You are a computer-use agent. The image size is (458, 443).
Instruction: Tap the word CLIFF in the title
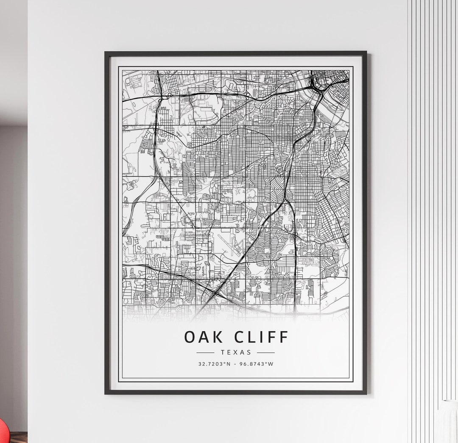pyautogui.click(x=261, y=337)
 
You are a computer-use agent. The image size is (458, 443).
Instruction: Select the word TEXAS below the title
pyautogui.click(x=236, y=352)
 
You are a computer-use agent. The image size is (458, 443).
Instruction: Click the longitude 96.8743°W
pyautogui.click(x=257, y=364)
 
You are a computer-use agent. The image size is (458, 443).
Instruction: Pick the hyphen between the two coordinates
pyautogui.click(x=235, y=364)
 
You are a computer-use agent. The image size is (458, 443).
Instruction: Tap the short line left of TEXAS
pyautogui.click(x=206, y=352)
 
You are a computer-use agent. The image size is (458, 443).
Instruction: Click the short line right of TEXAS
pyautogui.click(x=266, y=352)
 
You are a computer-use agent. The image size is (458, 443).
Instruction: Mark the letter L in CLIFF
pyautogui.click(x=252, y=337)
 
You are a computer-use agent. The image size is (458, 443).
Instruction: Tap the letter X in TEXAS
pyautogui.click(x=236, y=352)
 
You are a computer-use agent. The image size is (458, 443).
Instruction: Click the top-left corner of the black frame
pyautogui.click(x=106, y=53)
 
